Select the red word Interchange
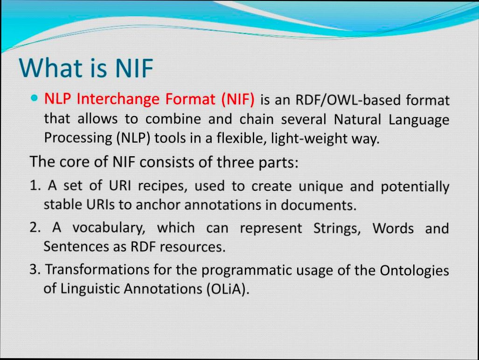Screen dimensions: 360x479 [116, 99]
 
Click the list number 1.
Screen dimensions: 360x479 [34, 186]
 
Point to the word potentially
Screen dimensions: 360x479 [415, 187]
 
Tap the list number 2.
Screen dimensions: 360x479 [35, 228]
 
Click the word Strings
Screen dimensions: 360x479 [331, 228]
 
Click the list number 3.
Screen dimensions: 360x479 [35, 270]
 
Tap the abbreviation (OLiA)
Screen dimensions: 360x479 [227, 289]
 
